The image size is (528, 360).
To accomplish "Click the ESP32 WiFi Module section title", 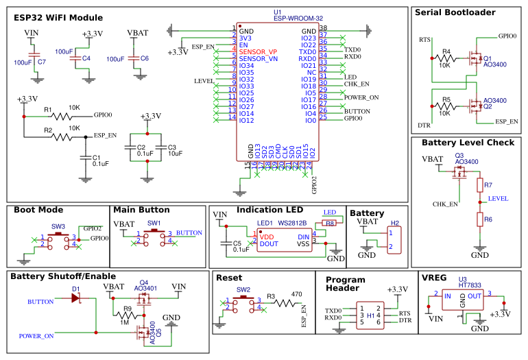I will (58, 18).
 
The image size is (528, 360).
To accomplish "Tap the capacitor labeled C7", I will (32, 56).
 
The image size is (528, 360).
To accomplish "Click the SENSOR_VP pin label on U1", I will (258, 52).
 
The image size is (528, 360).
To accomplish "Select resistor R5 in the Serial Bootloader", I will (446, 106).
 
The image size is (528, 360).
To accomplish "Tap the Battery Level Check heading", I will (468, 143).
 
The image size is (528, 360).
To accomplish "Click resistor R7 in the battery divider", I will (479, 186).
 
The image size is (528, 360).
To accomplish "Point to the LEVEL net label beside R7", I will (499, 198).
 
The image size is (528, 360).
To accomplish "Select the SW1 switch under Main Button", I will (154, 237).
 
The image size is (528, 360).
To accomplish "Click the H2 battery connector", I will (394, 240).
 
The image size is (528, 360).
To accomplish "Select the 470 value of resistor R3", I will (297, 294).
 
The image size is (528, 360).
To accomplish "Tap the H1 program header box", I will (371, 316).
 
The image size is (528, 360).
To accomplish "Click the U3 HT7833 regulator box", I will (462, 301).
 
